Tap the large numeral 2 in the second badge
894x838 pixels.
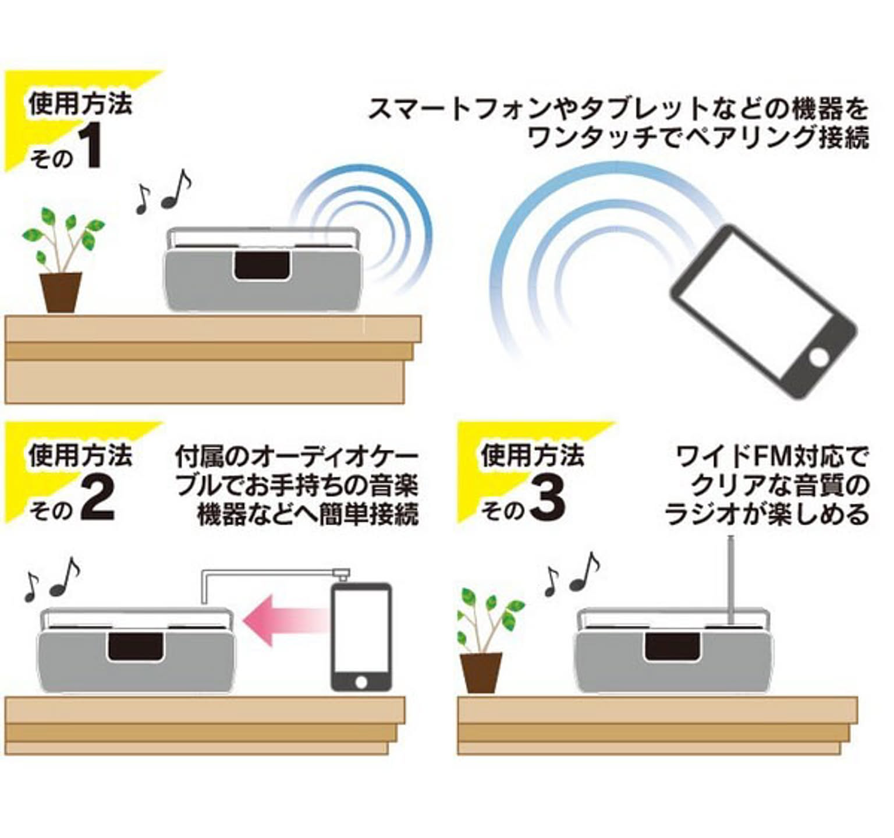click(x=97, y=499)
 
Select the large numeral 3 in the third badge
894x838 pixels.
click(x=548, y=499)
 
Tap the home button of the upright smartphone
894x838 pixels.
click(x=361, y=681)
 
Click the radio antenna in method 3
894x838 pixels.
click(x=732, y=579)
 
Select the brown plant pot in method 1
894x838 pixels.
click(x=61, y=292)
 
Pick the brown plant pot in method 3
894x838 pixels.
click(x=481, y=673)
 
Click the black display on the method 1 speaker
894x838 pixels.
click(x=262, y=266)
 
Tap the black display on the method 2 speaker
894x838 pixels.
click(x=135, y=647)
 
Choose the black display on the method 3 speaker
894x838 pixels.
click(x=672, y=647)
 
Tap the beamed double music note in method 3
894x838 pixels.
click(x=584, y=571)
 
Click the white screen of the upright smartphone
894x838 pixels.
click(x=361, y=630)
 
